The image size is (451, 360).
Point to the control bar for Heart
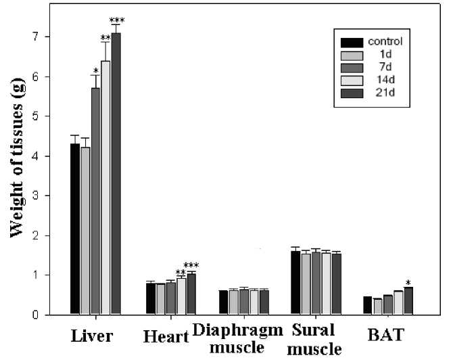point(151,298)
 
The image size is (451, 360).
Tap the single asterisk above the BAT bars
point(408,282)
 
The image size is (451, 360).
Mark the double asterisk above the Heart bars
point(181,273)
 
